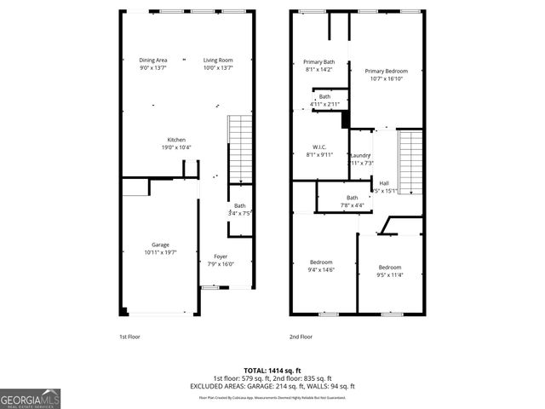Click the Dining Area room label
pyautogui.click(x=152, y=60)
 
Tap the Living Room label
pyautogui.click(x=218, y=60)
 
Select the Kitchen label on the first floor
pyautogui.click(x=176, y=140)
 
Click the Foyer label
pyautogui.click(x=220, y=256)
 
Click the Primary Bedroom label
pyautogui.click(x=387, y=71)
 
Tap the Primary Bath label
pyautogui.click(x=319, y=62)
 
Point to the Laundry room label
pyautogui.click(x=360, y=155)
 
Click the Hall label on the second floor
pyautogui.click(x=384, y=183)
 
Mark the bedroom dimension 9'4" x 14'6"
pyautogui.click(x=321, y=269)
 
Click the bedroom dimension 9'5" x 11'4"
pyautogui.click(x=389, y=274)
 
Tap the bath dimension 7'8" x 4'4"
pyautogui.click(x=352, y=205)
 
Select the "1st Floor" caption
pyautogui.click(x=129, y=337)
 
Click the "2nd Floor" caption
pyautogui.click(x=301, y=337)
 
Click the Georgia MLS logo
pyautogui.click(x=31, y=398)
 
